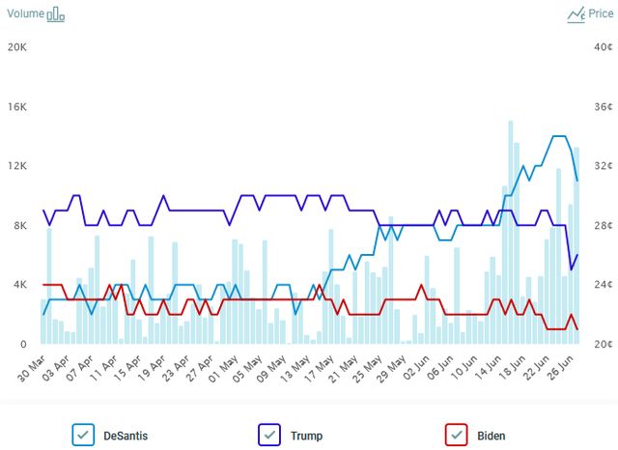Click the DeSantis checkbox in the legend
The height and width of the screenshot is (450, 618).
83,435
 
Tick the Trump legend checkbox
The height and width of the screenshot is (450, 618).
269,435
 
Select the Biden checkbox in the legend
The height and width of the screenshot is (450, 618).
457,435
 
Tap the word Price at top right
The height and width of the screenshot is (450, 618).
601,14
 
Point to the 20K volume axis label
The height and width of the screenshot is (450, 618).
19,47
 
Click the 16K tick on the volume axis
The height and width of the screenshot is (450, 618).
19,107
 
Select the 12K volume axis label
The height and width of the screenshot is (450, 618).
19,166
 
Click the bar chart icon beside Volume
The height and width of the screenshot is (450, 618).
56,14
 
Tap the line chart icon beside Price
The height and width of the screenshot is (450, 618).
576,14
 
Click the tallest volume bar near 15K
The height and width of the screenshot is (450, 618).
510,232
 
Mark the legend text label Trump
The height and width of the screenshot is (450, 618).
306,436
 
